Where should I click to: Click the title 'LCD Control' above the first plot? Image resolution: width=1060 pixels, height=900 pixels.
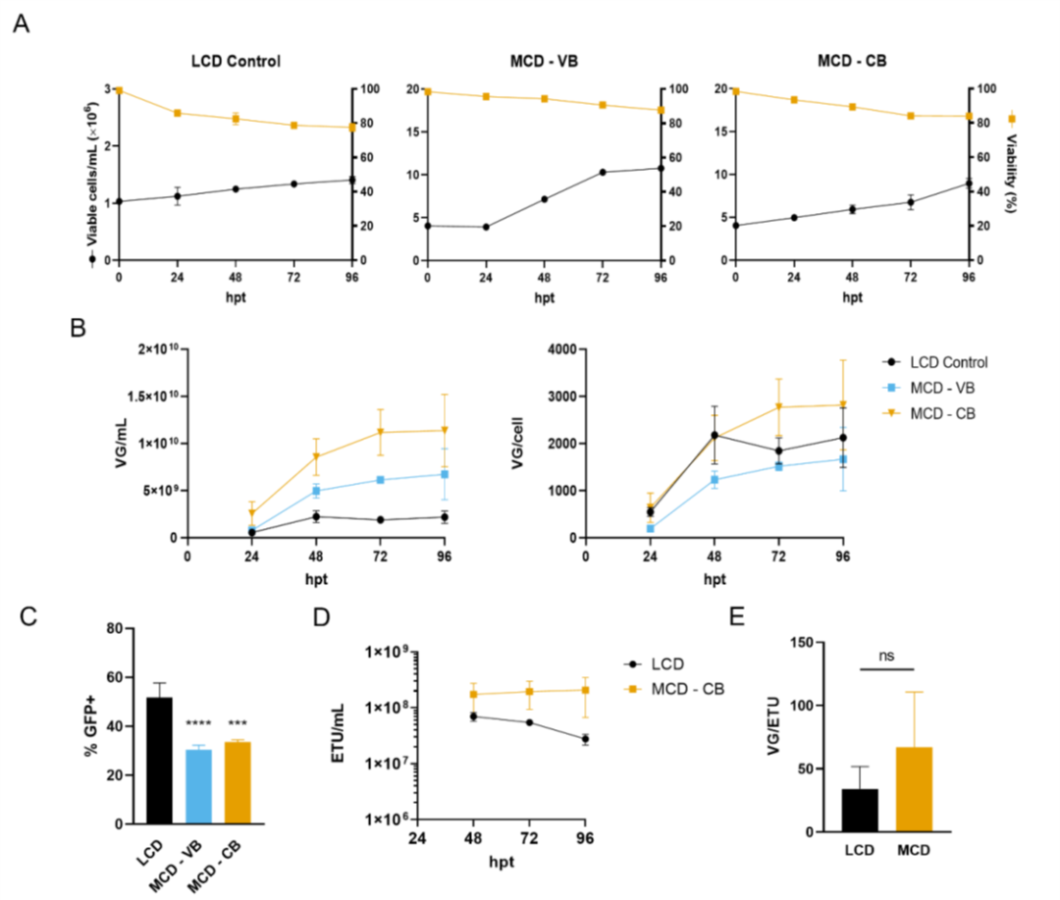tap(236, 61)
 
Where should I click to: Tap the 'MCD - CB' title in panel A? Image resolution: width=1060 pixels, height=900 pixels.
tap(852, 61)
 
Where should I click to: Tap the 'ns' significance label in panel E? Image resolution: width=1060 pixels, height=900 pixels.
tap(887, 656)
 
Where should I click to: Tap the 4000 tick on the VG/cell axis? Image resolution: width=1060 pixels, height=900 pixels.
tap(561, 349)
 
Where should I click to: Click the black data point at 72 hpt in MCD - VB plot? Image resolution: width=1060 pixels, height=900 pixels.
tap(603, 173)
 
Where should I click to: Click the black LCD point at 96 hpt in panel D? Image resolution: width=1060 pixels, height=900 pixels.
tap(585, 739)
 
